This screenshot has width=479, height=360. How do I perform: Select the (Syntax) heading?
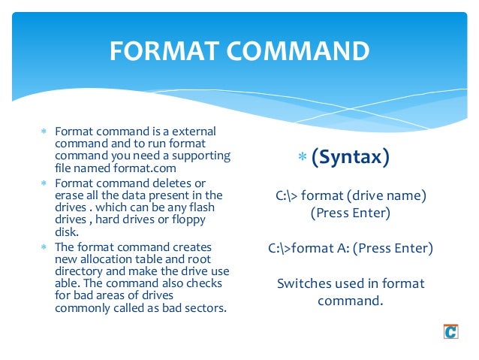pyautogui.click(x=351, y=157)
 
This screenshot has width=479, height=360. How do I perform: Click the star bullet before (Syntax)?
pyautogui.click(x=303, y=158)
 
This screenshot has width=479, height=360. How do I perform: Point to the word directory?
pyautogui.click(x=78, y=271)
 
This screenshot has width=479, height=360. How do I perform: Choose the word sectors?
pyautogui.click(x=203, y=307)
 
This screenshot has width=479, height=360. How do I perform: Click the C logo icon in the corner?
pyautogui.click(x=450, y=331)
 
